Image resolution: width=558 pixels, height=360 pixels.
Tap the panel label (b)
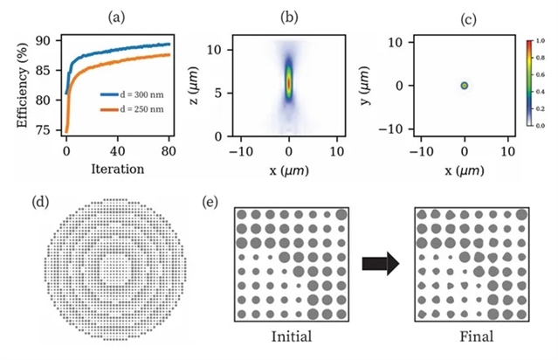tap(288, 15)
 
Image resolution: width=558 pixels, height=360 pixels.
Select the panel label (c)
tap(465, 15)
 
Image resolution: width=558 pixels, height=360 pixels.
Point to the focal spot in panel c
tap(465, 85)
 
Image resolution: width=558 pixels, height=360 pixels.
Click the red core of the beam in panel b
tap(289, 83)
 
